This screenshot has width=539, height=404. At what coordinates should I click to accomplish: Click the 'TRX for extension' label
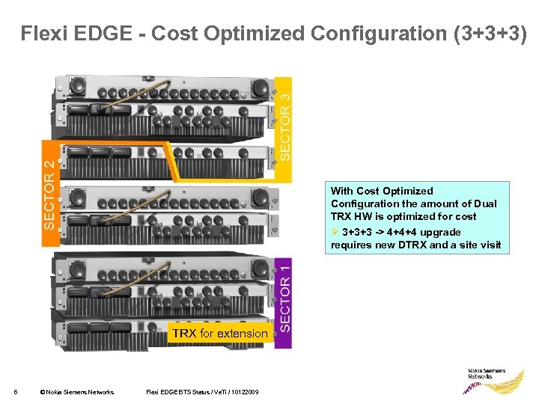click(x=219, y=334)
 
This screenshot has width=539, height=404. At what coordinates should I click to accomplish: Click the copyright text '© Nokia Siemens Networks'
click(x=77, y=392)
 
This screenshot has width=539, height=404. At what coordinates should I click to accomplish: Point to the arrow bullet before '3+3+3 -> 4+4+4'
click(x=335, y=232)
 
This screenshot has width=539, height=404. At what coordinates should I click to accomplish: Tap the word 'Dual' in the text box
click(x=484, y=204)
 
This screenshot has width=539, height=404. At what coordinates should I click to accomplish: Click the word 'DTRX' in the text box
click(x=410, y=245)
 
